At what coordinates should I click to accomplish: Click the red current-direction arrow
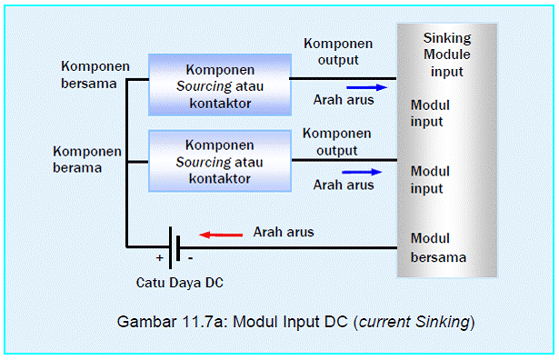(221, 234)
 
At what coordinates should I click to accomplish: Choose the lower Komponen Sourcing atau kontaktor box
(218, 161)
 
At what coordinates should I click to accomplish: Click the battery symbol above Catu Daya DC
(173, 246)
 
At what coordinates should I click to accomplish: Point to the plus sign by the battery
(159, 258)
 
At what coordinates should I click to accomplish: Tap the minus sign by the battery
(189, 258)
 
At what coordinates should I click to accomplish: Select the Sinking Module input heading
(446, 55)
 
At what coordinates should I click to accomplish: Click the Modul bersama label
(438, 247)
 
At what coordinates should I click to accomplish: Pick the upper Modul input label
(430, 113)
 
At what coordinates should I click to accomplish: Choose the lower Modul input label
(430, 179)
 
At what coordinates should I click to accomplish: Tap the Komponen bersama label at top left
(95, 75)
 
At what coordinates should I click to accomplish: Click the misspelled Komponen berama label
(88, 160)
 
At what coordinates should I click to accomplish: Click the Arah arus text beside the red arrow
(284, 232)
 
